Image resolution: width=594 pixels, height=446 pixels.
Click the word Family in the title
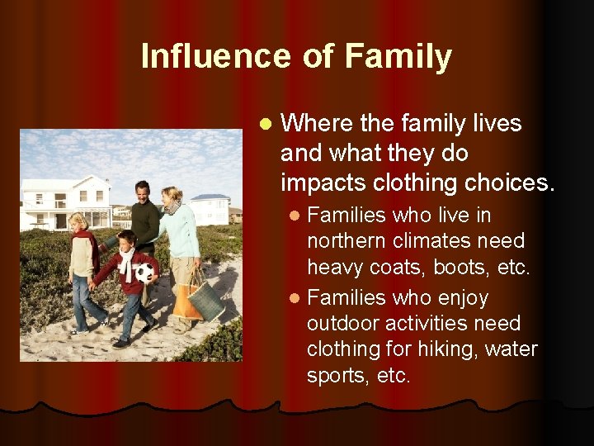(x=398, y=56)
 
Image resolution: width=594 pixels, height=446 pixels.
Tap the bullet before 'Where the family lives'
(x=264, y=125)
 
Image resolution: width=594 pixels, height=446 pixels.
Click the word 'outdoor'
(x=345, y=323)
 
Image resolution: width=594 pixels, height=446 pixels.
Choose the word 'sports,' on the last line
(x=337, y=376)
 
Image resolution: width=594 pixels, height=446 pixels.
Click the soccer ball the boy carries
(x=144, y=273)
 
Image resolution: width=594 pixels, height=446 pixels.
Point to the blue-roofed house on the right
(x=211, y=207)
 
